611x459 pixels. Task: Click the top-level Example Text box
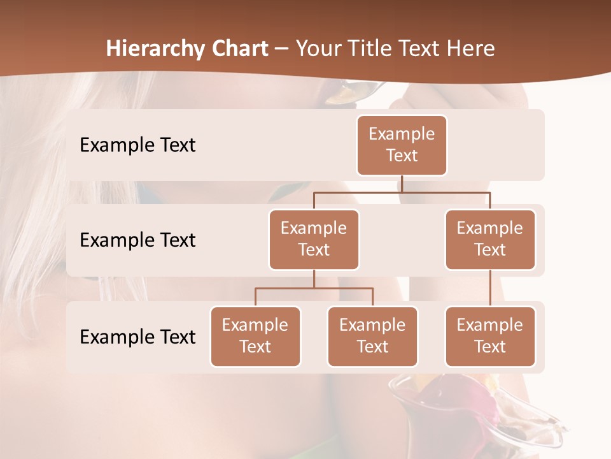pos(402,145)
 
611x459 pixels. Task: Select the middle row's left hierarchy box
pos(314,240)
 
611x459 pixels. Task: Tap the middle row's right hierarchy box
pos(490,240)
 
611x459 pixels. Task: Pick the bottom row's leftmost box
pos(255,337)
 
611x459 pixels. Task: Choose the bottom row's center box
pos(372,337)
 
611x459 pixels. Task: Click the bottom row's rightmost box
pos(490,337)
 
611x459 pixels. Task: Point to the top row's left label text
pos(137,145)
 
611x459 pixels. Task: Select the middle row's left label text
pos(137,240)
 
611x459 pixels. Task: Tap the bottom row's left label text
pos(137,337)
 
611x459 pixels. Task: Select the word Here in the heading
pos(471,48)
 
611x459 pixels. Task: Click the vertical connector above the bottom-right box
pos(490,288)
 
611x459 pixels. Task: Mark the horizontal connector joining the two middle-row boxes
pos(402,192)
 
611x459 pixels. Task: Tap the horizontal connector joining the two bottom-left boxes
pos(314,288)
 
